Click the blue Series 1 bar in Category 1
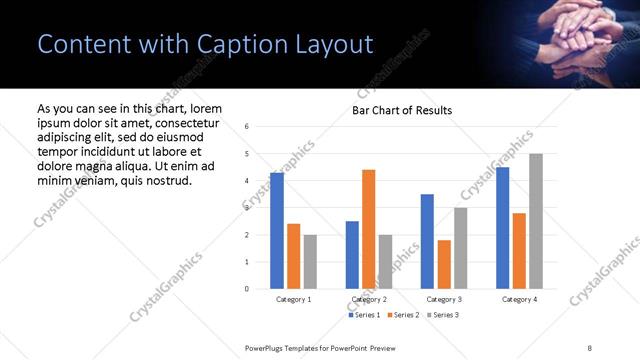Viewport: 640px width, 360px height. tap(277, 231)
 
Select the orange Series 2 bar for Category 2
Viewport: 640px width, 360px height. tap(368, 229)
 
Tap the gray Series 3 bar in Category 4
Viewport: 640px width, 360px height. tap(536, 221)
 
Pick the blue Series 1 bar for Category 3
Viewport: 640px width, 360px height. tap(427, 241)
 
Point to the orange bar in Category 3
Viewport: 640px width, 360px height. tap(444, 264)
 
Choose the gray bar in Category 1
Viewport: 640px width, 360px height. tap(310, 262)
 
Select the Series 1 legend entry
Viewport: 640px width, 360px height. tap(364, 315)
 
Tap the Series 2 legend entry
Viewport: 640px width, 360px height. tap(403, 315)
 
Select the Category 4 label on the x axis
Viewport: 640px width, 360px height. tap(519, 299)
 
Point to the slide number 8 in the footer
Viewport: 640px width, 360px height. tap(589, 346)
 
